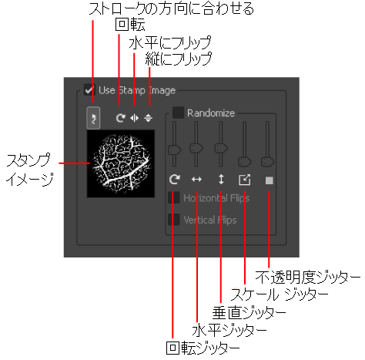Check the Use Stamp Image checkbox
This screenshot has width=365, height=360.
(x=89, y=90)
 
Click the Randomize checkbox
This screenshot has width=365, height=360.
(x=178, y=113)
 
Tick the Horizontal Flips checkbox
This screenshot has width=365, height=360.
(x=174, y=197)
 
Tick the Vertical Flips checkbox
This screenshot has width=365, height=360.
(x=174, y=220)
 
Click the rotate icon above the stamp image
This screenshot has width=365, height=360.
(x=120, y=118)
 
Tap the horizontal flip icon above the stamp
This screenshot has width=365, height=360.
(x=134, y=118)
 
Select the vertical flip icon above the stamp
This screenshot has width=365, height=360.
(x=148, y=118)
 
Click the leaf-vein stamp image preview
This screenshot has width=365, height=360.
(x=121, y=163)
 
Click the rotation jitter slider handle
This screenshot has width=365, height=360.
(x=175, y=150)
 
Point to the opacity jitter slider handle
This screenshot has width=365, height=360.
(x=268, y=162)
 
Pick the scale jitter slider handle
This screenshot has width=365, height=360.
(x=245, y=162)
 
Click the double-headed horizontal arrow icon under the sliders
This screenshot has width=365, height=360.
(x=196, y=180)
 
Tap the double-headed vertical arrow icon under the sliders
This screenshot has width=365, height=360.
(x=221, y=180)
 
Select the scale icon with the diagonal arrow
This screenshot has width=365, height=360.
(x=245, y=180)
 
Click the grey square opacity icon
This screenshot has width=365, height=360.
(x=270, y=180)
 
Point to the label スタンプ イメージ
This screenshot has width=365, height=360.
(x=29, y=170)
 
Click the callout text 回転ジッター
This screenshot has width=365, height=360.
(x=203, y=348)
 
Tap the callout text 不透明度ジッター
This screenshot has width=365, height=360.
(x=308, y=278)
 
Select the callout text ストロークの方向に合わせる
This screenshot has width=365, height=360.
(x=171, y=8)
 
